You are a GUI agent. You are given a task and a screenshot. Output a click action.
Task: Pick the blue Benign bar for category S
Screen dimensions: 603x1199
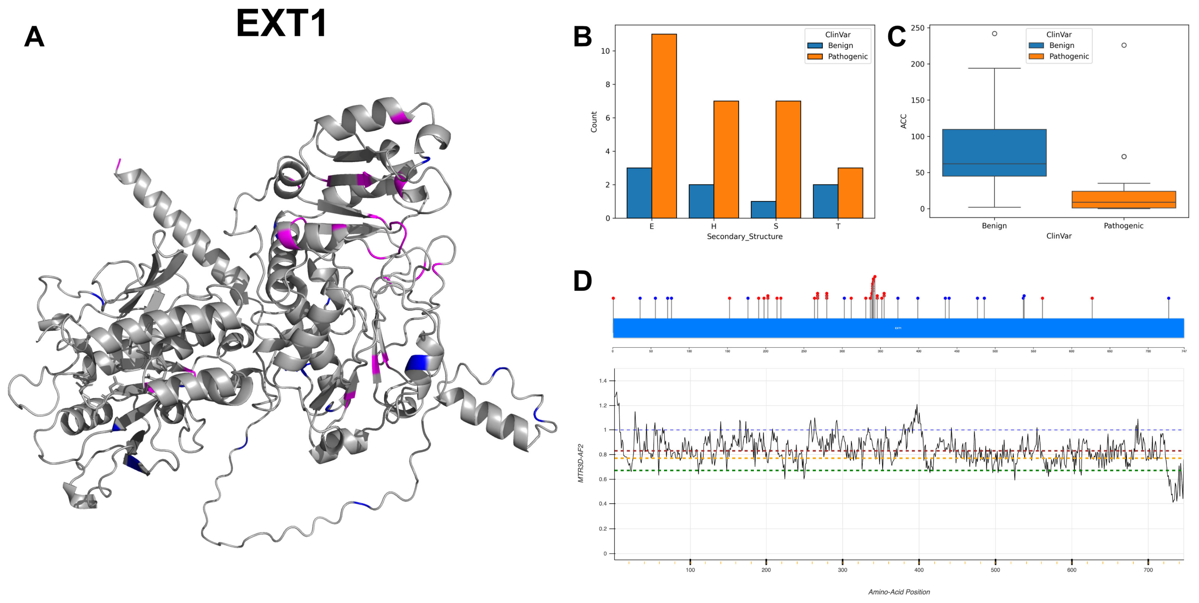763,210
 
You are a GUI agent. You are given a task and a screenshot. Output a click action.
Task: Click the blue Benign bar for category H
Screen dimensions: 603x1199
701,201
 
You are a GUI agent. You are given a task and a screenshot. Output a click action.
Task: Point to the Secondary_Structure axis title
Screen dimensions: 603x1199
744,237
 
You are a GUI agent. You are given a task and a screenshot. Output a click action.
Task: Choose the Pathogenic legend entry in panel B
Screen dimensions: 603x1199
847,56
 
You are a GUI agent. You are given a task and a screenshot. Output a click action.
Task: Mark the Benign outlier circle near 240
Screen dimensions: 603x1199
994,33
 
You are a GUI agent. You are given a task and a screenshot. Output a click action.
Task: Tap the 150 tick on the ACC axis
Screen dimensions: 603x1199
917,100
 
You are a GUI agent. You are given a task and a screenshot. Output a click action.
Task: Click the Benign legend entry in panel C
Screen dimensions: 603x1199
1061,45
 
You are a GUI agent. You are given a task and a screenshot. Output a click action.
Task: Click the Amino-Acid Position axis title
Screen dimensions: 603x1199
899,592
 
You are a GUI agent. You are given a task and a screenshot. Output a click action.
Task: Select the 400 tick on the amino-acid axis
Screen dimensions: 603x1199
919,570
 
